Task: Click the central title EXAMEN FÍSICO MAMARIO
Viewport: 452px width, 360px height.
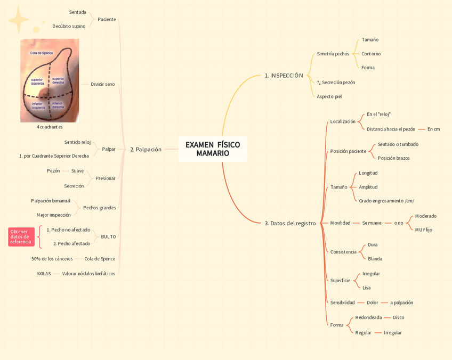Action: (x=213, y=149)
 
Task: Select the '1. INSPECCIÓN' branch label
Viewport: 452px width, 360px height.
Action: (x=284, y=76)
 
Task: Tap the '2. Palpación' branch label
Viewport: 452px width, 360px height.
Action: (x=146, y=150)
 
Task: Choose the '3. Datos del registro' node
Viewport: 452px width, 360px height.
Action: (x=290, y=223)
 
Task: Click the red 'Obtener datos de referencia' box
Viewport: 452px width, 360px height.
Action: (x=21, y=237)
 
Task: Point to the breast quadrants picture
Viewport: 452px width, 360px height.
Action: (x=50, y=80)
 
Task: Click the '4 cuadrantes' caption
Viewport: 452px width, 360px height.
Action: (x=50, y=127)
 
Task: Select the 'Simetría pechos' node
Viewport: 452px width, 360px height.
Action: (x=333, y=54)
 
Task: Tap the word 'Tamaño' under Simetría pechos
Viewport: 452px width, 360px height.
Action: (x=370, y=40)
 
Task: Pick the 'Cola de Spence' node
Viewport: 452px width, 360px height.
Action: (x=100, y=259)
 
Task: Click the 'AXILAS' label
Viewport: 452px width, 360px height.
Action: (x=44, y=274)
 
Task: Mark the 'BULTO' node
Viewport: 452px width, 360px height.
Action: (x=108, y=236)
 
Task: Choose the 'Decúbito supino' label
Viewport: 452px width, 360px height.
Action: (x=69, y=26)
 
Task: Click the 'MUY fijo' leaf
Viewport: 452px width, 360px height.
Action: (x=424, y=230)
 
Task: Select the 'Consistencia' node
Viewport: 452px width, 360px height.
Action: (x=343, y=252)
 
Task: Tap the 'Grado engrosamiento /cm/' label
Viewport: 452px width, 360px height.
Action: (x=386, y=201)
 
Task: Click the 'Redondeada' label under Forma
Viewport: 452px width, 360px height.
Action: (x=368, y=317)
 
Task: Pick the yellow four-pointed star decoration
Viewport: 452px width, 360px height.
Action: (x=19, y=20)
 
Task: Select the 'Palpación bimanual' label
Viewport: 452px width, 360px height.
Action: (x=51, y=201)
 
